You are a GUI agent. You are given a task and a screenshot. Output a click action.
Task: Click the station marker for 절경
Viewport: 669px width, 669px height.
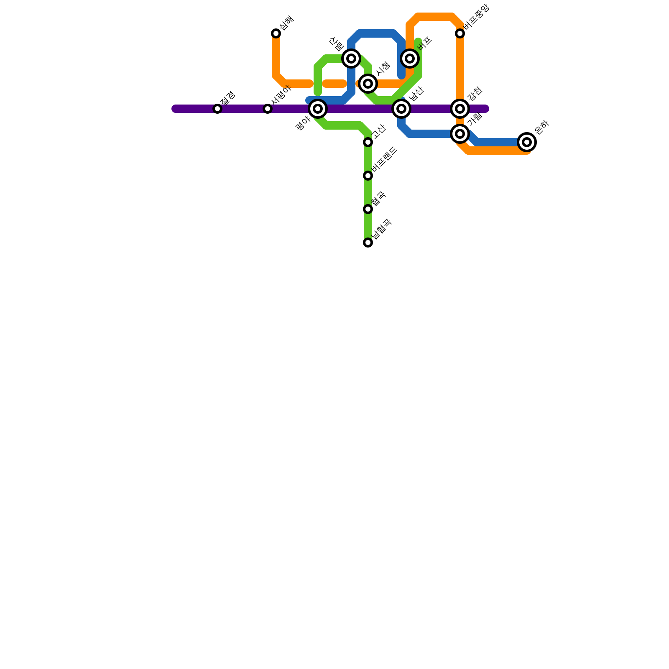click(217, 109)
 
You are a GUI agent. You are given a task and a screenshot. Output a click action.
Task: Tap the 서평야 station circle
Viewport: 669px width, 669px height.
click(268, 109)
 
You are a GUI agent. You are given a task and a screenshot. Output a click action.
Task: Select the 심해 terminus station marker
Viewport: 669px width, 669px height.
click(276, 33)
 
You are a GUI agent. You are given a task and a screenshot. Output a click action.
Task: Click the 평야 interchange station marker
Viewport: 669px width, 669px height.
click(318, 109)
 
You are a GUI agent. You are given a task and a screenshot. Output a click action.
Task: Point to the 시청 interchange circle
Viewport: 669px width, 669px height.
click(368, 84)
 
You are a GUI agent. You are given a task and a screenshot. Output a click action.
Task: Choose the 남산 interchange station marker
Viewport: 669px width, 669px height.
click(401, 109)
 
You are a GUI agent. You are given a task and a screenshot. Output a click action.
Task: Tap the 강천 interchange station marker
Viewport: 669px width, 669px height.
click(460, 109)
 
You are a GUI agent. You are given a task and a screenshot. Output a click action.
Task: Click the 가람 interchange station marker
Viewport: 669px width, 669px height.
click(460, 134)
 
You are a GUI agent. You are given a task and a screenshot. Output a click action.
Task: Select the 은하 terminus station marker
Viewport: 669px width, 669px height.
click(527, 142)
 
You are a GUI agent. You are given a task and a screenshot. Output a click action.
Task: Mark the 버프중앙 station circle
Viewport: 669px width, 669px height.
click(460, 33)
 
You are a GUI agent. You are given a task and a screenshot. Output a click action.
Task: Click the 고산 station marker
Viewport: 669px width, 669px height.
click(368, 142)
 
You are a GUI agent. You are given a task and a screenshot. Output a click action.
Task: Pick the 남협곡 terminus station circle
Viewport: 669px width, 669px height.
click(368, 243)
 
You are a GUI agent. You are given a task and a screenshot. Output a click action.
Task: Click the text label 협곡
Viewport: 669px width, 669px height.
click(378, 199)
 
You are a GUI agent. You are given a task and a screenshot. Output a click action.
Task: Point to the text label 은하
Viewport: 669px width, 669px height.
click(541, 128)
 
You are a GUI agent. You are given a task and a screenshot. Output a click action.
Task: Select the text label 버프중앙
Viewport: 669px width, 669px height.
click(476, 17)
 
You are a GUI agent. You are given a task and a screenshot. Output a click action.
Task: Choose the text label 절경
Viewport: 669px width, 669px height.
click(228, 98)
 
